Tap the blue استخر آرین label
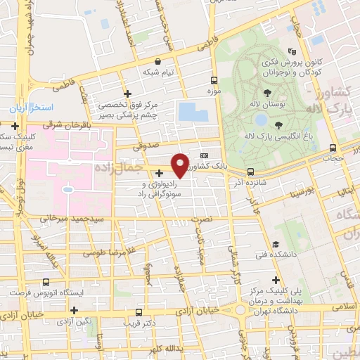tap(32, 110)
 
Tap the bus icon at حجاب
tap(334, 148)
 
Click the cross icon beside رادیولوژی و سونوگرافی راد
tap(159, 173)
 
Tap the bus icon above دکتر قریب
tap(139, 312)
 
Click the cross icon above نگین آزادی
tap(74, 309)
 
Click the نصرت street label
tap(201, 220)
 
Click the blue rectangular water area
tap(188, 111)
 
